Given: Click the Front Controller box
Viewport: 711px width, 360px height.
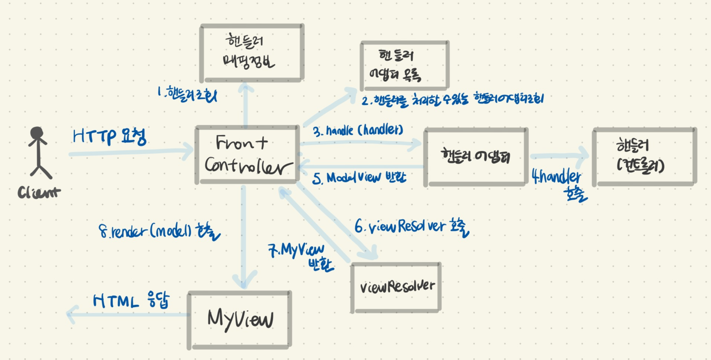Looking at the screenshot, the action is pyautogui.click(x=247, y=155).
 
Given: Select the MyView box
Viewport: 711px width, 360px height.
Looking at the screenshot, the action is pyautogui.click(x=240, y=320).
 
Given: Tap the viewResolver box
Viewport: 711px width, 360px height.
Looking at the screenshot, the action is pyautogui.click(x=396, y=287).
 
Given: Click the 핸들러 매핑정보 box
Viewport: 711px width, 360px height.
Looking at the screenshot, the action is pyautogui.click(x=252, y=52).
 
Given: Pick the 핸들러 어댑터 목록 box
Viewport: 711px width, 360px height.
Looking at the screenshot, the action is pyautogui.click(x=404, y=66).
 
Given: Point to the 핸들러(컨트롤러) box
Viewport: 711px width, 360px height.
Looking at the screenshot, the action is pyautogui.click(x=644, y=156).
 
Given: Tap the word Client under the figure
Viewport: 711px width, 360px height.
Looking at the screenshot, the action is pyautogui.click(x=39, y=192).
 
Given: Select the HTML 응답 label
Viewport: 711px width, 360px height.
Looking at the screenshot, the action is pyautogui.click(x=131, y=300).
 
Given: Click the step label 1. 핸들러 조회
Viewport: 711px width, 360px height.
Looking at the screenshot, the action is pyautogui.click(x=187, y=94).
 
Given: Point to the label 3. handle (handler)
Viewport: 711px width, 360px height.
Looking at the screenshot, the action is pyautogui.click(x=358, y=130).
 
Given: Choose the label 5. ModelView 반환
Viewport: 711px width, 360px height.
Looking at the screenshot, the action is pyautogui.click(x=359, y=178).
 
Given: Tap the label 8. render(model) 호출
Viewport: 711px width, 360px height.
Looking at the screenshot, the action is pyautogui.click(x=159, y=232).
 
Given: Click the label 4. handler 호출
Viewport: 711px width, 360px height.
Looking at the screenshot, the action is pyautogui.click(x=558, y=184).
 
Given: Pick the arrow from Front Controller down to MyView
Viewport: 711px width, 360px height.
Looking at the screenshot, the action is pyautogui.click(x=243, y=238).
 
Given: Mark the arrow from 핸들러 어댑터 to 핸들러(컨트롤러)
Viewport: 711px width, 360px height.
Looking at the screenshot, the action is pyautogui.click(x=560, y=156).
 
